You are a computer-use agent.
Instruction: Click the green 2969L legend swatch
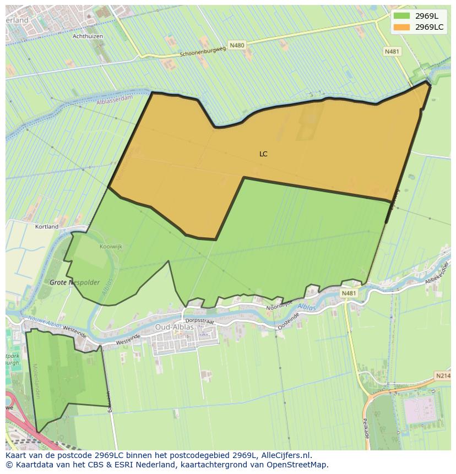pos(402,16)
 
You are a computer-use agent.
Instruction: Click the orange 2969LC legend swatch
pos(402,27)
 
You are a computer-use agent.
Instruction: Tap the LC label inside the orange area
pos(263,154)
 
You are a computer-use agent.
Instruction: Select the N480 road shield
pos(237,45)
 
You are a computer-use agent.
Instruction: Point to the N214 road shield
pos(443,375)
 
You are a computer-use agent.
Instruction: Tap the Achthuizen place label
pos(88,36)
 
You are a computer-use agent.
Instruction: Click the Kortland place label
pos(47,226)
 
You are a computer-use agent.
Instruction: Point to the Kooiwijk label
pos(111,247)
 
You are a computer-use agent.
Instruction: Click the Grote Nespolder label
pos(75,282)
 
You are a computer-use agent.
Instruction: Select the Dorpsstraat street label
pos(199,319)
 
